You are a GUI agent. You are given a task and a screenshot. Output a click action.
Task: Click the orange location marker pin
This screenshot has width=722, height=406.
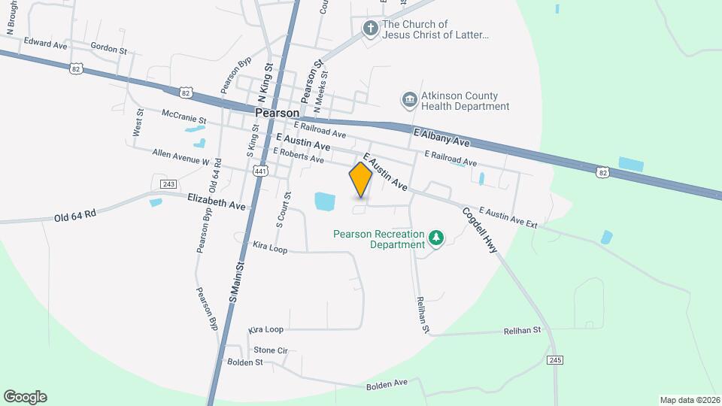[360, 180]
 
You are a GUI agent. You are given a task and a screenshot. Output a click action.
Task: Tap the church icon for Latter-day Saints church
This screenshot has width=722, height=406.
[370, 29]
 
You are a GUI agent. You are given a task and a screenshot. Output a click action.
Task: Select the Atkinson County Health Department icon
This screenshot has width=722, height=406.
[409, 100]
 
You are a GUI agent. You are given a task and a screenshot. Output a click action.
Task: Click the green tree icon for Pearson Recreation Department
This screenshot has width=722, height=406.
[435, 238]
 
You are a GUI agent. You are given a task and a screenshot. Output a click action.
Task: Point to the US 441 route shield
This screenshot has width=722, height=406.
[261, 171]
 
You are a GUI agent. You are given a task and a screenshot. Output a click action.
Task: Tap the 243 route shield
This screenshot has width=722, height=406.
[168, 184]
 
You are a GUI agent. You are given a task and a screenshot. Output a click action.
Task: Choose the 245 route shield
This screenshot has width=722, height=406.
[555, 359]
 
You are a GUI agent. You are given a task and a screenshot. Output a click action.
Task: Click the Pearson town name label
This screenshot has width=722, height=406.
[278, 112]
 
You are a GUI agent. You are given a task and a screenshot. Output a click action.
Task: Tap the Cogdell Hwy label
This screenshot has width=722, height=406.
[481, 230]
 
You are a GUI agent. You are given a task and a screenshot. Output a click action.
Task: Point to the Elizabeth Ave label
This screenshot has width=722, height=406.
[217, 204]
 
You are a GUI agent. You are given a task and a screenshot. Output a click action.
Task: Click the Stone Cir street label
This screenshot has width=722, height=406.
[271, 350]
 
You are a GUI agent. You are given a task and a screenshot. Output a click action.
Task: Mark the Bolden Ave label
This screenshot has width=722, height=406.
[387, 384]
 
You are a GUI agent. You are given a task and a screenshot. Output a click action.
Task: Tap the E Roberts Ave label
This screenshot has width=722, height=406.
[298, 155]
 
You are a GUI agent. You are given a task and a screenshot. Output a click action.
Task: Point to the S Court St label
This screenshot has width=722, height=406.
[279, 209]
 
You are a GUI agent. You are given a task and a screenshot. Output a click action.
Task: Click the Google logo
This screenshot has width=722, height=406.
[25, 396]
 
